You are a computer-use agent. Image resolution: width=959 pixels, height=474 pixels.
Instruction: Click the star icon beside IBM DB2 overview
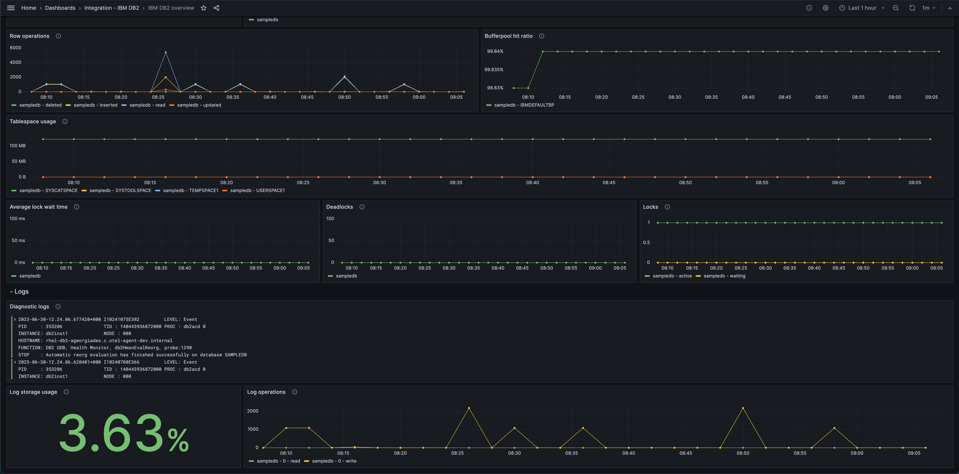204,8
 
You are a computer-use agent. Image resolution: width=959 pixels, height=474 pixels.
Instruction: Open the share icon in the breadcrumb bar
216,8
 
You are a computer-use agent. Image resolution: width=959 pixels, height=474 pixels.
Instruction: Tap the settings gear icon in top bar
825,8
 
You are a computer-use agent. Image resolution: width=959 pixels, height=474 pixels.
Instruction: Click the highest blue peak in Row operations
166,52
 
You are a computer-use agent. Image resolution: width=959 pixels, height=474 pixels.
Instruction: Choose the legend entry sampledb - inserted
95,105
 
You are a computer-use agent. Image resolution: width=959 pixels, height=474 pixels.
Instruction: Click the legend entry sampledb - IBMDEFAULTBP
524,105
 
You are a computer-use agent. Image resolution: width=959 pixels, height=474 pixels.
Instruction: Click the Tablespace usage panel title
33,121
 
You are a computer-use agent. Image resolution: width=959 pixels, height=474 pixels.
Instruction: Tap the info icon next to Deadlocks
362,207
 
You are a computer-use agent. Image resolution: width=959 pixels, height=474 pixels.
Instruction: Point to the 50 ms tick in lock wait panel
18,241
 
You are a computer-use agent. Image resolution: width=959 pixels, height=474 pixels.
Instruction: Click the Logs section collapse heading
21,292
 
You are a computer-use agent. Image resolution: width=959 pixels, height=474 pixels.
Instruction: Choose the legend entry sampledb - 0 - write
334,461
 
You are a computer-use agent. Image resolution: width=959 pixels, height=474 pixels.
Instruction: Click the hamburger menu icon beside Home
11,8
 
